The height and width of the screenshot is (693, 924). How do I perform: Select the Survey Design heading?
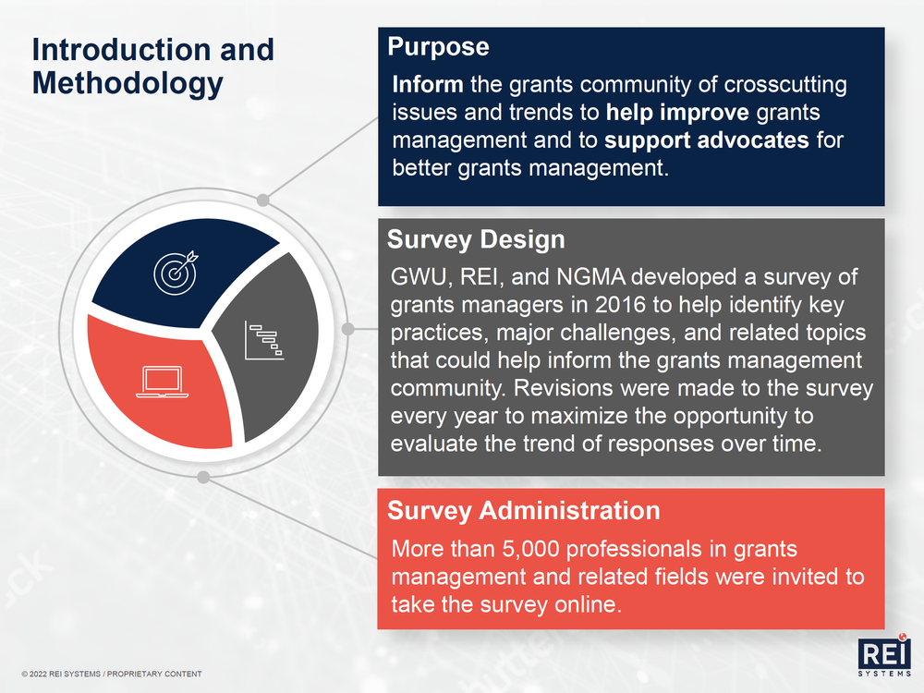[x=476, y=240]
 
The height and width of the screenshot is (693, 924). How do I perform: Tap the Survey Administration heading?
[x=523, y=510]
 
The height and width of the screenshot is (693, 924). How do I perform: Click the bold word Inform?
[x=428, y=84]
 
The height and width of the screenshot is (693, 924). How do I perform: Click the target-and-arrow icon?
[x=176, y=273]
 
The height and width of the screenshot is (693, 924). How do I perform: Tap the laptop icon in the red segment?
[x=162, y=382]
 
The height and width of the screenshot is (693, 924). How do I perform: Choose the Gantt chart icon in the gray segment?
[x=264, y=341]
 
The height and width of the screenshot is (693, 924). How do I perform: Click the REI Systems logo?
[x=884, y=656]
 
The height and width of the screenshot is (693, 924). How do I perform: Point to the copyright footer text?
[x=112, y=674]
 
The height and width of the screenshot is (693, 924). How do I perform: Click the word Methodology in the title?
[x=128, y=83]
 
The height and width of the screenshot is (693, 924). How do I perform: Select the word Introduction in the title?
[x=121, y=50]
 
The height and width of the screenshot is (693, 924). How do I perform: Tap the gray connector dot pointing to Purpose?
[x=263, y=200]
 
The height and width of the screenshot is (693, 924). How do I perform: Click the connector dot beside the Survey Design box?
[x=347, y=329]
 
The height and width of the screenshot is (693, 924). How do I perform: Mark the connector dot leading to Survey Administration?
[x=203, y=477]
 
